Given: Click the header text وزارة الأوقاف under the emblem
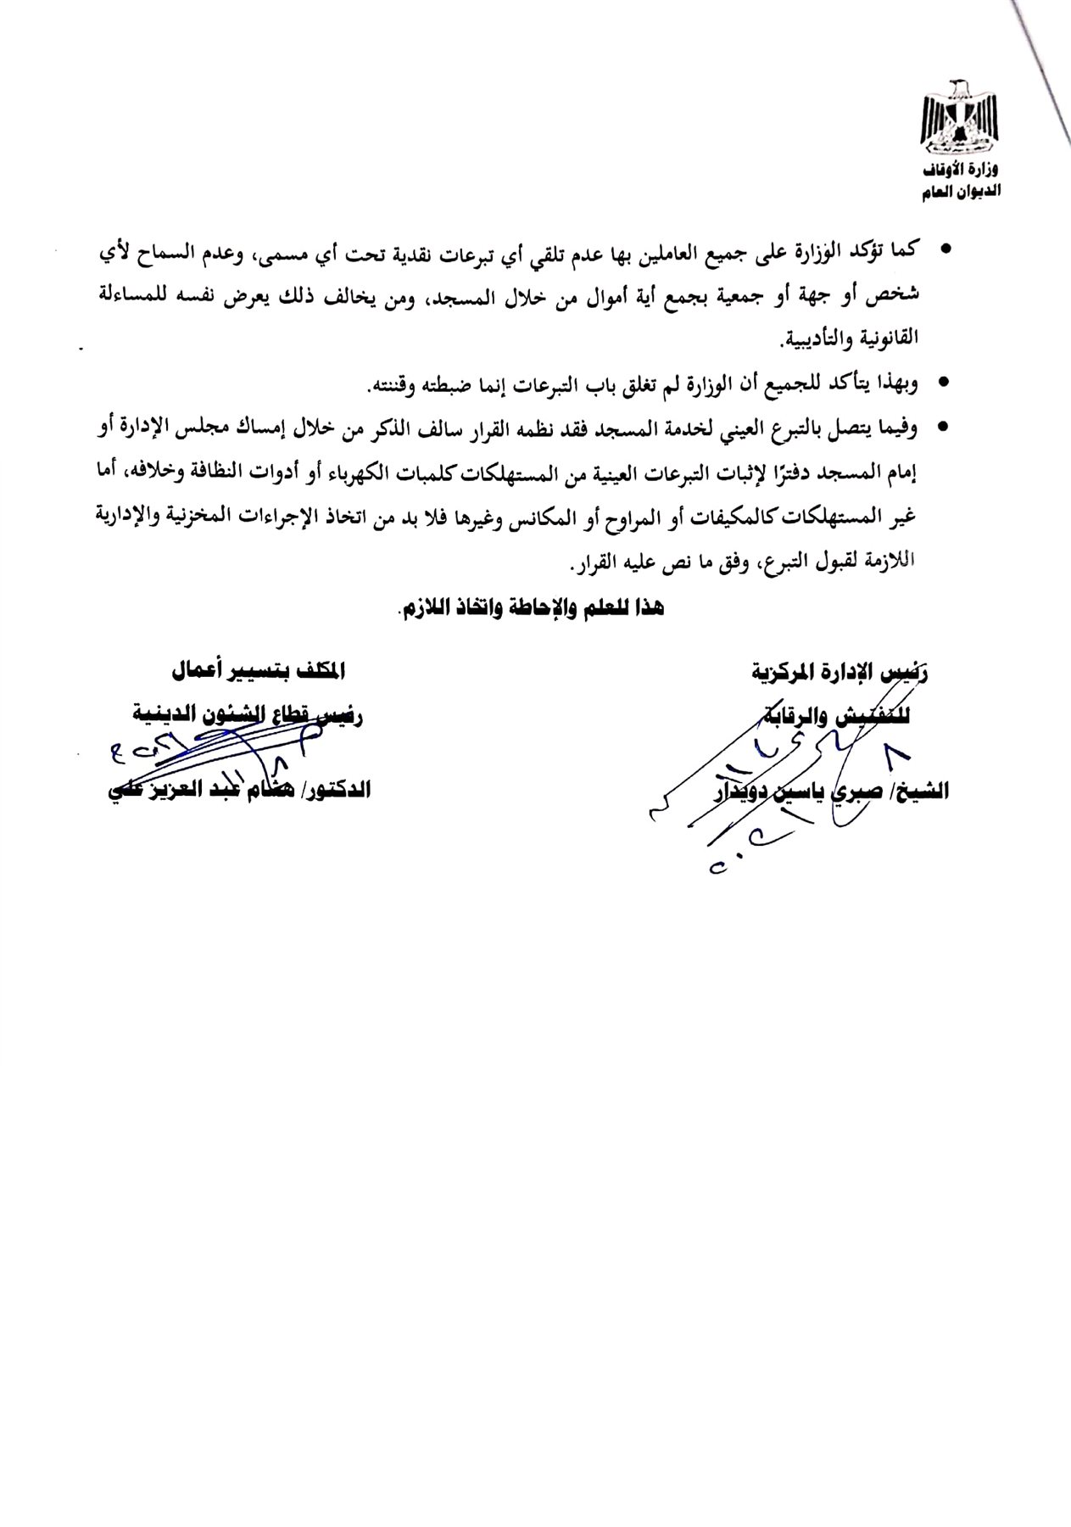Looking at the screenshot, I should (x=963, y=172).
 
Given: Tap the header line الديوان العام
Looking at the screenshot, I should (x=962, y=194).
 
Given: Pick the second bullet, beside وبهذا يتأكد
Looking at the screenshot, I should (x=945, y=384).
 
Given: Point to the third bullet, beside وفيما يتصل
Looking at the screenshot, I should (x=945, y=430).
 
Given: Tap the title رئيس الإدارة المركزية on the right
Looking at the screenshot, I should (x=851, y=674).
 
